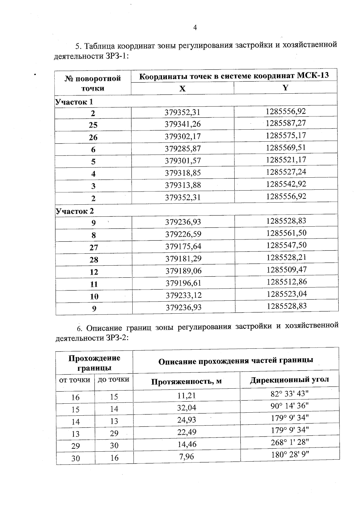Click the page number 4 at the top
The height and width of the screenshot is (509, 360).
point(195,28)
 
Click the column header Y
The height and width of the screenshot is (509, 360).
point(286,88)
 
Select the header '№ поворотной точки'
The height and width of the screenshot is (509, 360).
point(93,83)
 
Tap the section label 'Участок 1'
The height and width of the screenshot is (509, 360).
point(74,102)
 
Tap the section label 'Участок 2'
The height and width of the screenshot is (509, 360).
point(75,211)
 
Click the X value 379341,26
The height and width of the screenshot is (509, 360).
point(183,124)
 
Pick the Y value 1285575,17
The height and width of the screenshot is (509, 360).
point(286,135)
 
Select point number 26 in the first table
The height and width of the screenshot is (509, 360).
point(93,137)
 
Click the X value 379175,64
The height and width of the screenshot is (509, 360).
point(183,246)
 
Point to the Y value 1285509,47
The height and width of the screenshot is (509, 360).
point(286,270)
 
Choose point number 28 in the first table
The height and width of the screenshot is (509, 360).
point(94,260)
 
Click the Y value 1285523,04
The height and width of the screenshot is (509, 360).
point(287,294)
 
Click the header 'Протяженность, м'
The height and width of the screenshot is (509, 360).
point(186,381)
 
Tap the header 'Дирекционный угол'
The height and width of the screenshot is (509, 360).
point(289,380)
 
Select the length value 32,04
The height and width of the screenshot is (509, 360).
point(187,408)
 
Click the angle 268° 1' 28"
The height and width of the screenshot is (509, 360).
point(290,442)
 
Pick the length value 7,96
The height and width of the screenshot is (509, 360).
point(187,456)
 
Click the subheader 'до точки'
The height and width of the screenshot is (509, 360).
point(114,380)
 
